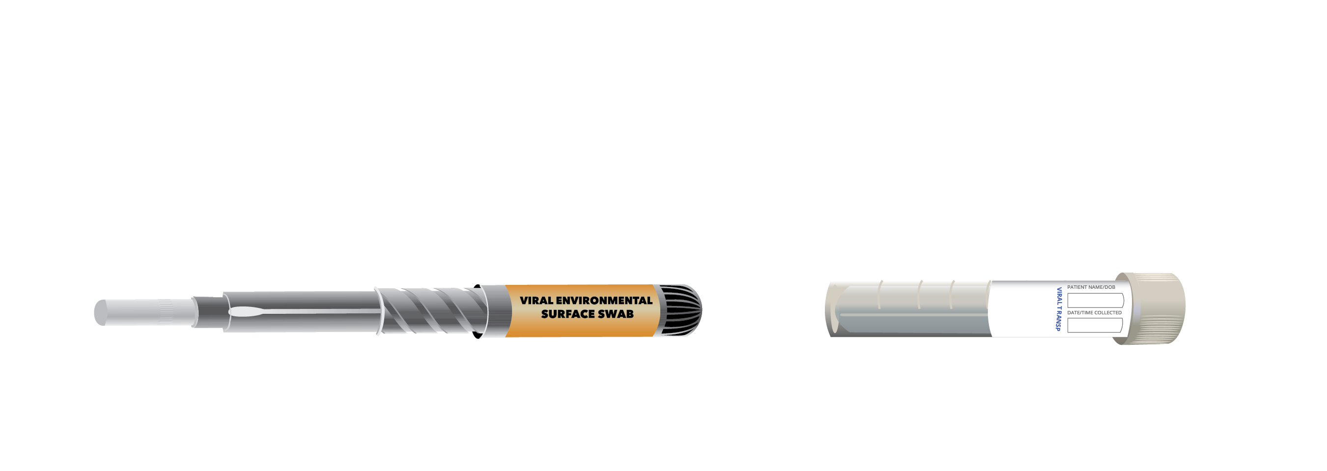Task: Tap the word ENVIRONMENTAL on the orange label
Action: tap(604, 301)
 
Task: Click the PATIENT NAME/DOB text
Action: tap(1091, 287)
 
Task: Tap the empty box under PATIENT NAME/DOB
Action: tap(1095, 300)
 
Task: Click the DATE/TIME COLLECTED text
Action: tap(1094, 312)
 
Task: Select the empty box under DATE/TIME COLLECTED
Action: tap(1095, 325)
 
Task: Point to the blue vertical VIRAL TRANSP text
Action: tap(1059, 309)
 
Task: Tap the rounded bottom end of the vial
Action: tap(831, 309)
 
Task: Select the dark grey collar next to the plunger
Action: tap(209, 311)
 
